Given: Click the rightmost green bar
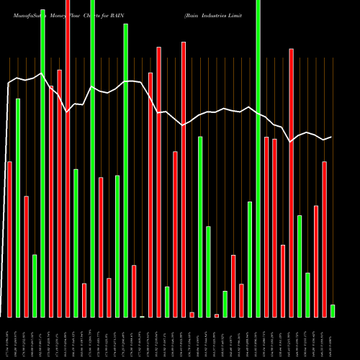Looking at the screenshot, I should pyautogui.click(x=333, y=310).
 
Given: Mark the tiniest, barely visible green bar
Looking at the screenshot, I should pyautogui.click(x=142, y=316).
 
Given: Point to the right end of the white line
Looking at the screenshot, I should pyautogui.click(x=331, y=137).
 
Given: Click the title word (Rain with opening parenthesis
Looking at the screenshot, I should pyautogui.click(x=192, y=15).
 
